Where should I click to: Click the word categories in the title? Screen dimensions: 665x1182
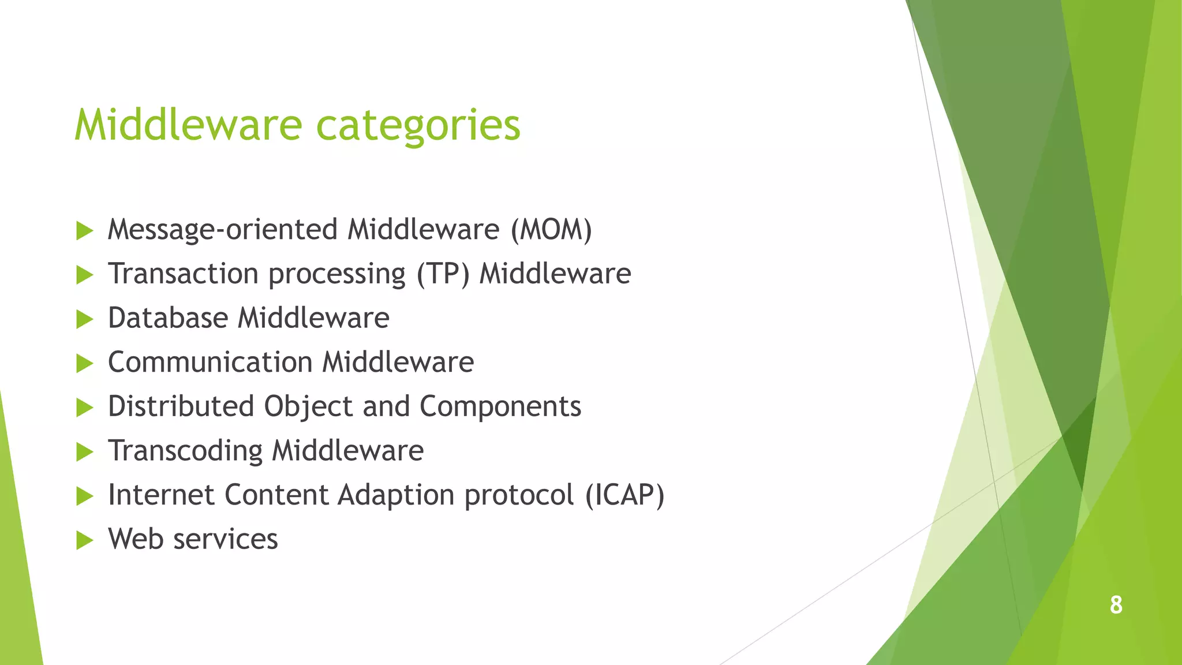(x=418, y=126)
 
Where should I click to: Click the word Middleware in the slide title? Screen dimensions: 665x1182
(x=188, y=125)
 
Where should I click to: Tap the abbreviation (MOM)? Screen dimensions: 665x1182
(x=551, y=230)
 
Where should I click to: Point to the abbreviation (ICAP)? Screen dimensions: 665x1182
(x=624, y=495)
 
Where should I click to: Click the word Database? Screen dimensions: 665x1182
(x=168, y=318)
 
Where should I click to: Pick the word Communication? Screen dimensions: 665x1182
(x=210, y=363)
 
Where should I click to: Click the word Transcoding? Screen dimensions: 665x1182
(x=185, y=451)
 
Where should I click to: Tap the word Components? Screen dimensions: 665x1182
(x=500, y=406)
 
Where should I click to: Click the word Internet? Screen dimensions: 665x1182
(x=161, y=495)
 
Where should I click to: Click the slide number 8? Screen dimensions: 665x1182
(x=1116, y=605)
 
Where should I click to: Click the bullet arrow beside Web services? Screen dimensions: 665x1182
(x=84, y=540)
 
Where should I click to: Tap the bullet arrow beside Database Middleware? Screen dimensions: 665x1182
(x=84, y=319)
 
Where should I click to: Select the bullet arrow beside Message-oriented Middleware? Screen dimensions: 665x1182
(x=84, y=231)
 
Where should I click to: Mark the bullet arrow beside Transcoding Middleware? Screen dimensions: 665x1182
(x=84, y=452)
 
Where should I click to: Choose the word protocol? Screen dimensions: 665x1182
(x=519, y=495)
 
